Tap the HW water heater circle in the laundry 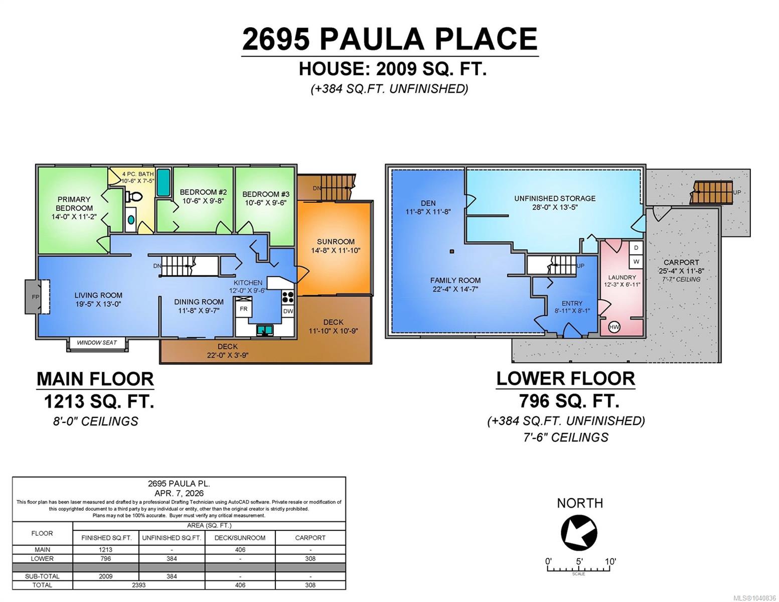[x=614, y=327]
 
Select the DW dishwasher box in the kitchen [x=288, y=311]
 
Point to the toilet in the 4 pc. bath [x=134, y=196]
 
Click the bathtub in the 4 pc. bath [x=164, y=182]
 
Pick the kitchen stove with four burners [x=288, y=297]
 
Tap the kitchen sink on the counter [x=264, y=330]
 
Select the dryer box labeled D [x=636, y=248]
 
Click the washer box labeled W [x=636, y=261]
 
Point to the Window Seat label [x=97, y=343]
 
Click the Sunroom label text [x=336, y=242]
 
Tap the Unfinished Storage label [x=555, y=198]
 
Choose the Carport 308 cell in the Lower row [x=310, y=559]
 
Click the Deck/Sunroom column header [x=240, y=538]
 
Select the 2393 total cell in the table [x=139, y=585]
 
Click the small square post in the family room [x=451, y=251]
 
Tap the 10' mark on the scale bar [x=610, y=561]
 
